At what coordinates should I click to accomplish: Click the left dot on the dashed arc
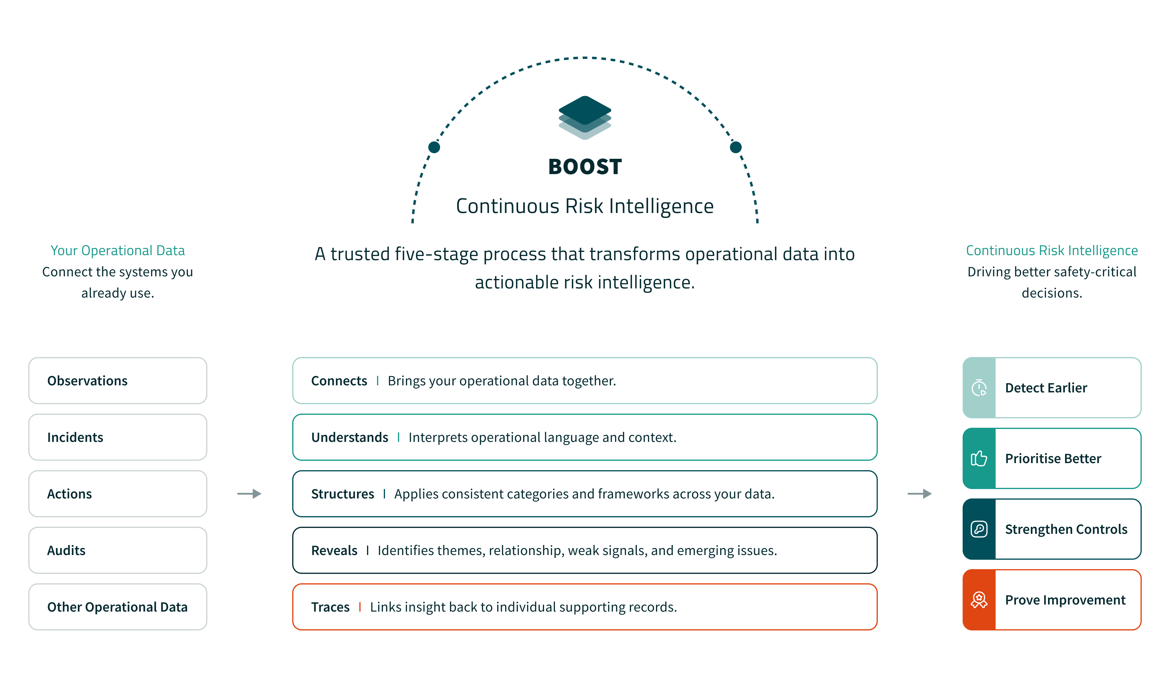(x=434, y=147)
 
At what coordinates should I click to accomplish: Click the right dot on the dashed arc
(x=736, y=147)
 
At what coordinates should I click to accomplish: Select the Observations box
(x=118, y=381)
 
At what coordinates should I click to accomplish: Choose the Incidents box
(x=118, y=437)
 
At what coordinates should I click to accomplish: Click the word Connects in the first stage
(x=339, y=381)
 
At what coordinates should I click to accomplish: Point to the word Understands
(x=350, y=437)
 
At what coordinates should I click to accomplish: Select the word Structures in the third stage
(x=343, y=494)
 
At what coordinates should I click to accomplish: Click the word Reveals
(x=334, y=551)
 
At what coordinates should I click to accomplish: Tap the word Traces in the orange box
(x=330, y=607)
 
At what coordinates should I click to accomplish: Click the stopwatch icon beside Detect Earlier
(x=979, y=388)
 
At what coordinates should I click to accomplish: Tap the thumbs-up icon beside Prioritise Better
(x=979, y=459)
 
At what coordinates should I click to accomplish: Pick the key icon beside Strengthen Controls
(x=979, y=529)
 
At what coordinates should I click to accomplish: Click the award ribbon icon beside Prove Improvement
(x=979, y=600)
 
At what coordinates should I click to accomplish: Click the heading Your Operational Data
(x=118, y=251)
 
